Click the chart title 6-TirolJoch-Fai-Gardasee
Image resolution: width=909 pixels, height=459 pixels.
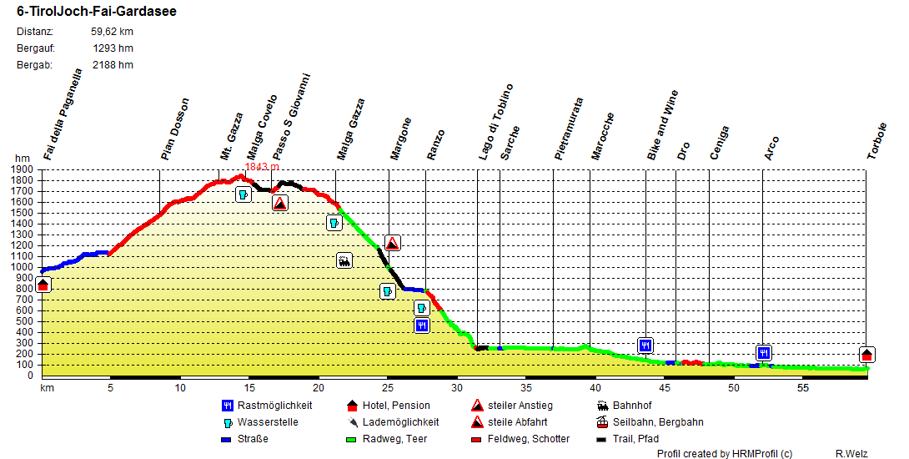click(96, 13)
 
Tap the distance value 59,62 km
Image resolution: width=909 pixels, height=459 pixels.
click(112, 32)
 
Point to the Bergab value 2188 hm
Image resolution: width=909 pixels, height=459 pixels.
click(113, 65)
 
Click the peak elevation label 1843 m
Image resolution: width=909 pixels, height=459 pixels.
click(261, 167)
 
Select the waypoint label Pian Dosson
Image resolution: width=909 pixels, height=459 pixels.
click(176, 129)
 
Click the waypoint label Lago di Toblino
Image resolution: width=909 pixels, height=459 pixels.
click(496, 122)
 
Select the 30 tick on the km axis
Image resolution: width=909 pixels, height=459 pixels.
click(457, 388)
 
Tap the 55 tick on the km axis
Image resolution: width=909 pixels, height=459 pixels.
click(803, 388)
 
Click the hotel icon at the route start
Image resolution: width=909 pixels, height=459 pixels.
click(43, 285)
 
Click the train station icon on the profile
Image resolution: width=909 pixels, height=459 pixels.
click(344, 260)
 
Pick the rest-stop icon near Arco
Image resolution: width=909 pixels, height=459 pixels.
click(764, 352)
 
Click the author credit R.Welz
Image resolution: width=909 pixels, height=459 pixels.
click(852, 453)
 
